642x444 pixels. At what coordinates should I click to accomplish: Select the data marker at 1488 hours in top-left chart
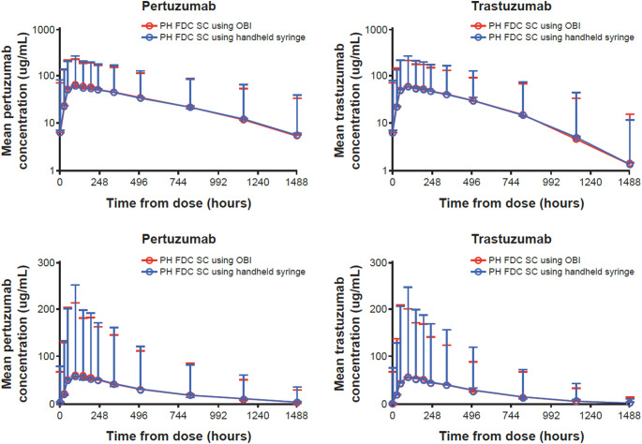coord(297,135)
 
